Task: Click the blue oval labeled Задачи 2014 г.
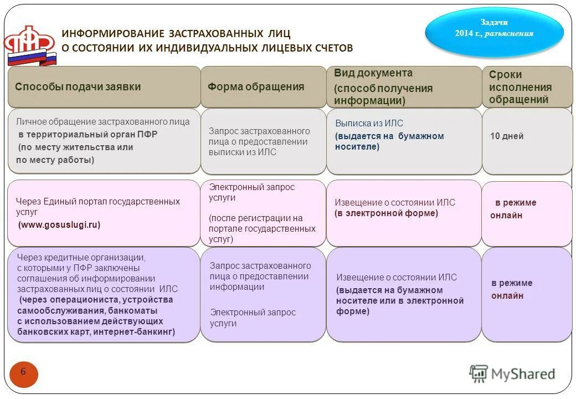494,32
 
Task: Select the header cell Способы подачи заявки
78,87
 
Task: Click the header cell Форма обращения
256,87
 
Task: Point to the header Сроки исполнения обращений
520,87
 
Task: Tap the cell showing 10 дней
506,136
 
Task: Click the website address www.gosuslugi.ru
59,225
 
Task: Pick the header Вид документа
373,73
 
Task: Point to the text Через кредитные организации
81,257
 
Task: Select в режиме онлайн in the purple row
511,289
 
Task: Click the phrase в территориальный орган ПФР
88,135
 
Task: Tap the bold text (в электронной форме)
386,213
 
